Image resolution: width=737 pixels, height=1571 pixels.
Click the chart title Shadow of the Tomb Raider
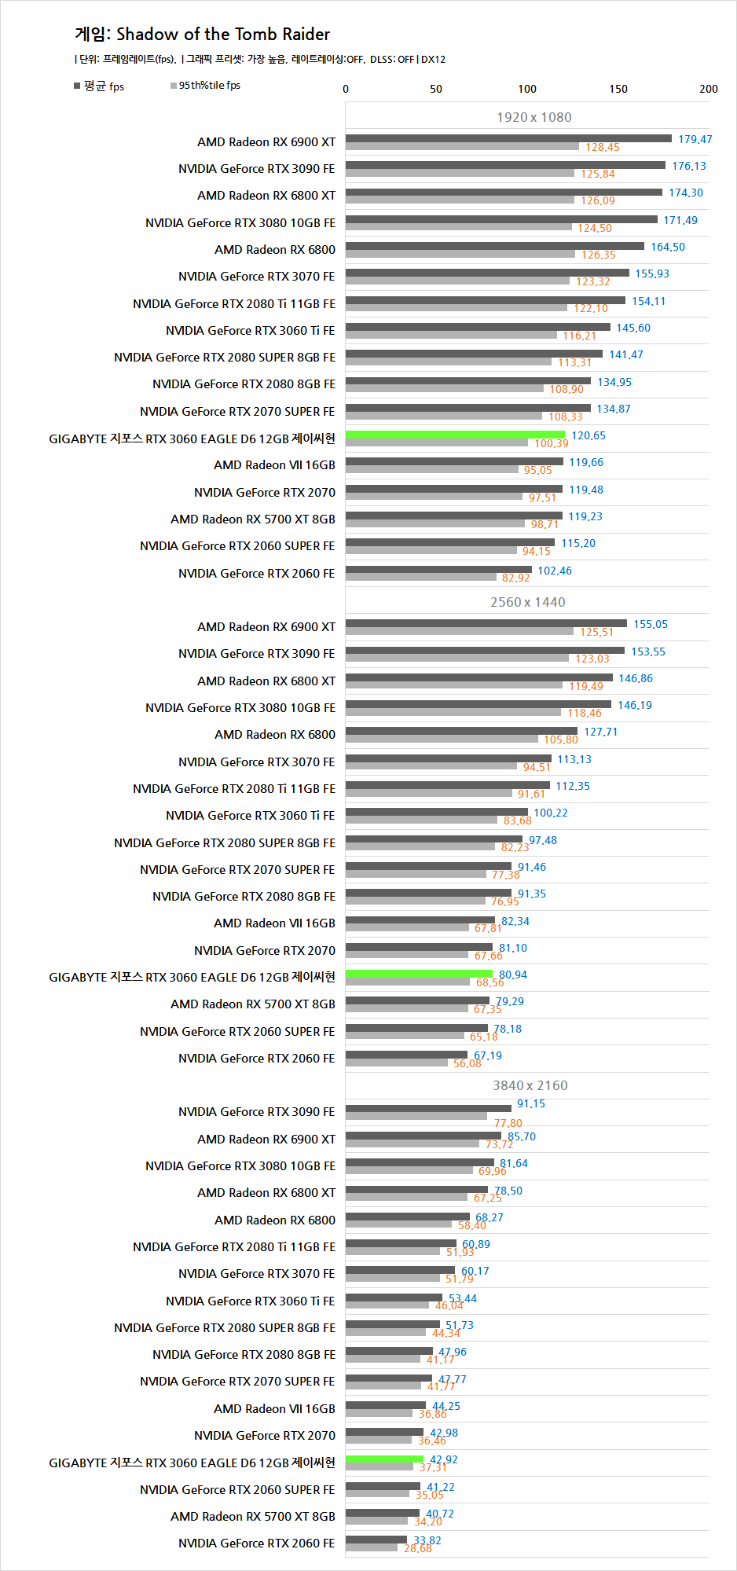(203, 35)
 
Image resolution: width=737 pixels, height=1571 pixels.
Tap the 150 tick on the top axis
(618, 89)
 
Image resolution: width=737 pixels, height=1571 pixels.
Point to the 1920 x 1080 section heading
(533, 117)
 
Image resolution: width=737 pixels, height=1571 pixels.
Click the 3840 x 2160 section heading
(530, 1085)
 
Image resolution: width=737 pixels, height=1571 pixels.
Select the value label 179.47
(695, 139)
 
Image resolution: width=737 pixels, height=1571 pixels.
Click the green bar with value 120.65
(455, 435)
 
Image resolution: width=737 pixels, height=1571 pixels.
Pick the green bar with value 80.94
(419, 974)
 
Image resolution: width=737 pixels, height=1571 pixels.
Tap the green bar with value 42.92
(384, 1459)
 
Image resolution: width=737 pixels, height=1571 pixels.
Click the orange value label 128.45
(602, 148)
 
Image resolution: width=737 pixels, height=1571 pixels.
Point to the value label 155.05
(650, 624)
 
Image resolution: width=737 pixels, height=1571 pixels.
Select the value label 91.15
(530, 1103)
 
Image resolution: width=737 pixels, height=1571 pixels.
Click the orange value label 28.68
(417, 1548)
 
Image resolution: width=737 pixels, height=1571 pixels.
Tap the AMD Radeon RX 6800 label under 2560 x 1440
(274, 734)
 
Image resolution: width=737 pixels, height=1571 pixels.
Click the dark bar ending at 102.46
(438, 570)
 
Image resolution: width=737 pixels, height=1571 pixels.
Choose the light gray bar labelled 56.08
(396, 1063)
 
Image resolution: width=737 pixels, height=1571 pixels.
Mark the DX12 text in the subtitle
(433, 60)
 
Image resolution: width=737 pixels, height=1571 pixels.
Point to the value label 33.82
(427, 1540)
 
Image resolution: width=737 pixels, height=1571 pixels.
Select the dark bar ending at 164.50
(494, 246)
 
